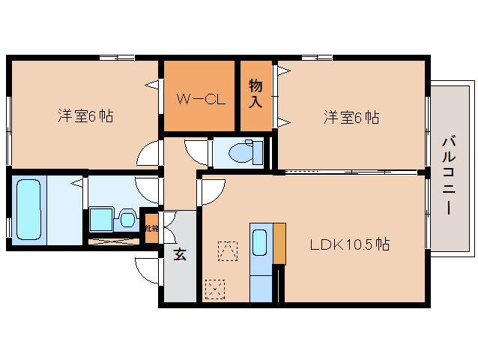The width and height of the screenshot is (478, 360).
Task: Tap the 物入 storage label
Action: pyautogui.click(x=255, y=93)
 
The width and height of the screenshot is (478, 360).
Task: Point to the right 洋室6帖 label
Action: pyautogui.click(x=351, y=117)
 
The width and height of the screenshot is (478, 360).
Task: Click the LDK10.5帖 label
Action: pyautogui.click(x=350, y=244)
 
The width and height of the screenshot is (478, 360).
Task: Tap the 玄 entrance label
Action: pyautogui.click(x=180, y=253)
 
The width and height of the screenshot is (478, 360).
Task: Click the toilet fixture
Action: pyautogui.click(x=241, y=152)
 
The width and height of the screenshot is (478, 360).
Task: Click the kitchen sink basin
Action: pyautogui.click(x=259, y=243)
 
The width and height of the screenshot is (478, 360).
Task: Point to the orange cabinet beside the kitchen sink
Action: pyautogui.click(x=279, y=242)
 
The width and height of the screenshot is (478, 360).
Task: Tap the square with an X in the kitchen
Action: pyautogui.click(x=215, y=289)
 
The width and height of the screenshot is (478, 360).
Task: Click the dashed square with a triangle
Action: pyautogui.click(x=226, y=249)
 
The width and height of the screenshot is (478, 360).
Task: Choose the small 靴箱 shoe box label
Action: pyautogui.click(x=151, y=227)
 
